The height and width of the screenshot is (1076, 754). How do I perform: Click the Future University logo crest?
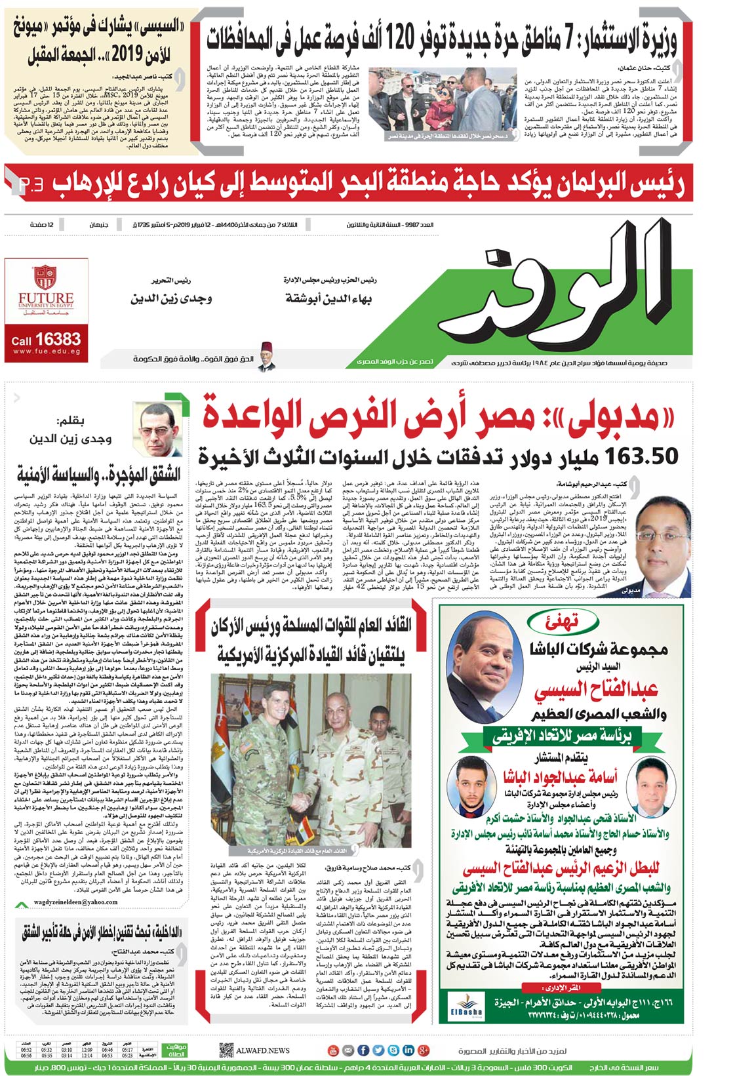point(45,277)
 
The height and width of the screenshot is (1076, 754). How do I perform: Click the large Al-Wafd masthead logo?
point(564,289)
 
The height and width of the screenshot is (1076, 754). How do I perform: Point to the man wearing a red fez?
point(266,355)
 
